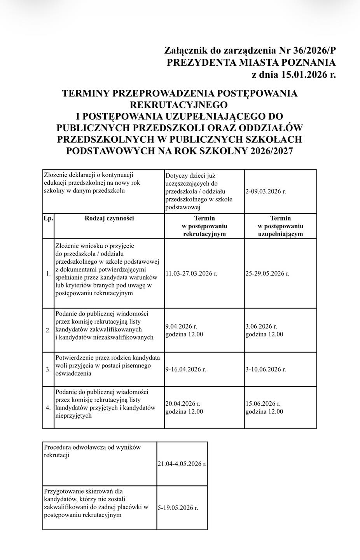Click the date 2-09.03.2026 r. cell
coord(266,191)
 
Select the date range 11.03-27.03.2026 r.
coord(191,273)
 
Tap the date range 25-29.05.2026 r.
coord(267,273)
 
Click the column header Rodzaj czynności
coord(109,218)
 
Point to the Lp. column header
coord(48,218)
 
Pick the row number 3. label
coord(48,369)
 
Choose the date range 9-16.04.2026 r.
coord(185,369)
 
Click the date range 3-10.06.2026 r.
coord(266,369)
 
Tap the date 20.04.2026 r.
coord(183,404)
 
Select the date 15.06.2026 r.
coord(263,404)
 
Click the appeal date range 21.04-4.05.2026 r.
coord(182,464)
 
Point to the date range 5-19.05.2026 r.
coord(178,508)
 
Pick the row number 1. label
coord(48,274)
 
